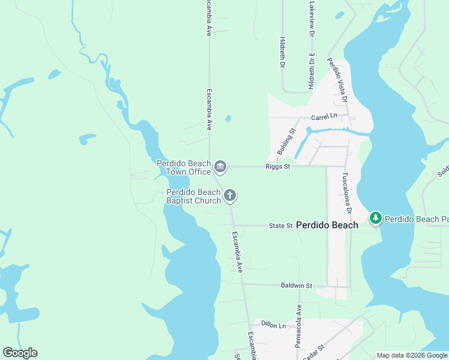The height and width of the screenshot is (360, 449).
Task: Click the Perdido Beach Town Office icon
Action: [x=220, y=166]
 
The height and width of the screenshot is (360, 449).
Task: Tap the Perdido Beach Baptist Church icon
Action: [x=230, y=196]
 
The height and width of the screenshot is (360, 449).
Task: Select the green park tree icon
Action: [x=376, y=218]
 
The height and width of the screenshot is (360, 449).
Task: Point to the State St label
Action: [x=280, y=226]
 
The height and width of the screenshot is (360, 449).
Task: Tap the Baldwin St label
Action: [x=297, y=286]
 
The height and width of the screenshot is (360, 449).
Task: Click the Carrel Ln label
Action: [x=324, y=116]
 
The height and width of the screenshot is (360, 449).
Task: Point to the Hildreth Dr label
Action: [x=282, y=53]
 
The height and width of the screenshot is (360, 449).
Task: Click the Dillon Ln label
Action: [x=274, y=325]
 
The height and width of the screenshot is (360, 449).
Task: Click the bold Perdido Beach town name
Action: [x=327, y=225]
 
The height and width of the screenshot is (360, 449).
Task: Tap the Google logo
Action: [x=20, y=353]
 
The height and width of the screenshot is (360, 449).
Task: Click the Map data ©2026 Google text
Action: [x=412, y=355]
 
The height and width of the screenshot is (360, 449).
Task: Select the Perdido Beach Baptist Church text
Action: [x=193, y=196]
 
